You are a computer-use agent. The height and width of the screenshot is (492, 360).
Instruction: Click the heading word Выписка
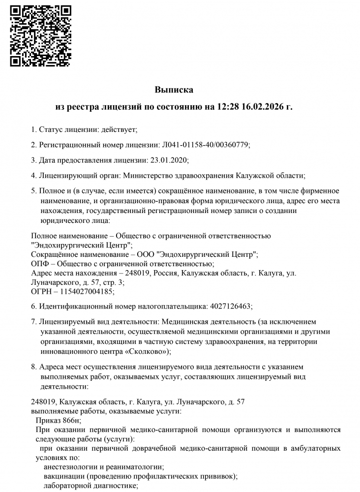pyautogui.click(x=174, y=90)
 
